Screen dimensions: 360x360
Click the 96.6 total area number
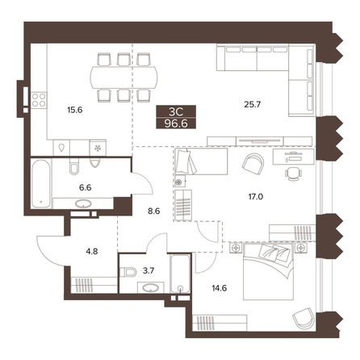tap(176, 123)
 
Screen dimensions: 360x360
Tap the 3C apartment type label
tap(176, 111)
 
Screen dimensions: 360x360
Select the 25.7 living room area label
tap(253, 104)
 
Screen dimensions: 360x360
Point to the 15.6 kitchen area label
tap(75, 110)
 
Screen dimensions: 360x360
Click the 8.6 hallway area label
tap(154, 211)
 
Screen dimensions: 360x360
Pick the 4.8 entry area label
tap(92, 252)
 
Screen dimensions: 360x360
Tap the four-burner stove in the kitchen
tap(39, 100)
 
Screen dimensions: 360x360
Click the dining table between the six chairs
tap(124, 77)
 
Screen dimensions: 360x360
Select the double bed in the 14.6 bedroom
tap(268, 271)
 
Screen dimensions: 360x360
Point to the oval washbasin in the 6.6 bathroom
tap(83, 203)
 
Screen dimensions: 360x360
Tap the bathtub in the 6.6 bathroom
tap(41, 184)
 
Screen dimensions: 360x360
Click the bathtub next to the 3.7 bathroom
tap(180, 274)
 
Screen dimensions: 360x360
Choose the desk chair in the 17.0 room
tap(293, 174)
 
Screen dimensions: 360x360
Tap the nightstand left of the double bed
tap(236, 248)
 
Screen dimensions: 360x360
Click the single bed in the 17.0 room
tap(201, 161)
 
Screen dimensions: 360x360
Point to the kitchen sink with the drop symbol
tap(61, 148)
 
